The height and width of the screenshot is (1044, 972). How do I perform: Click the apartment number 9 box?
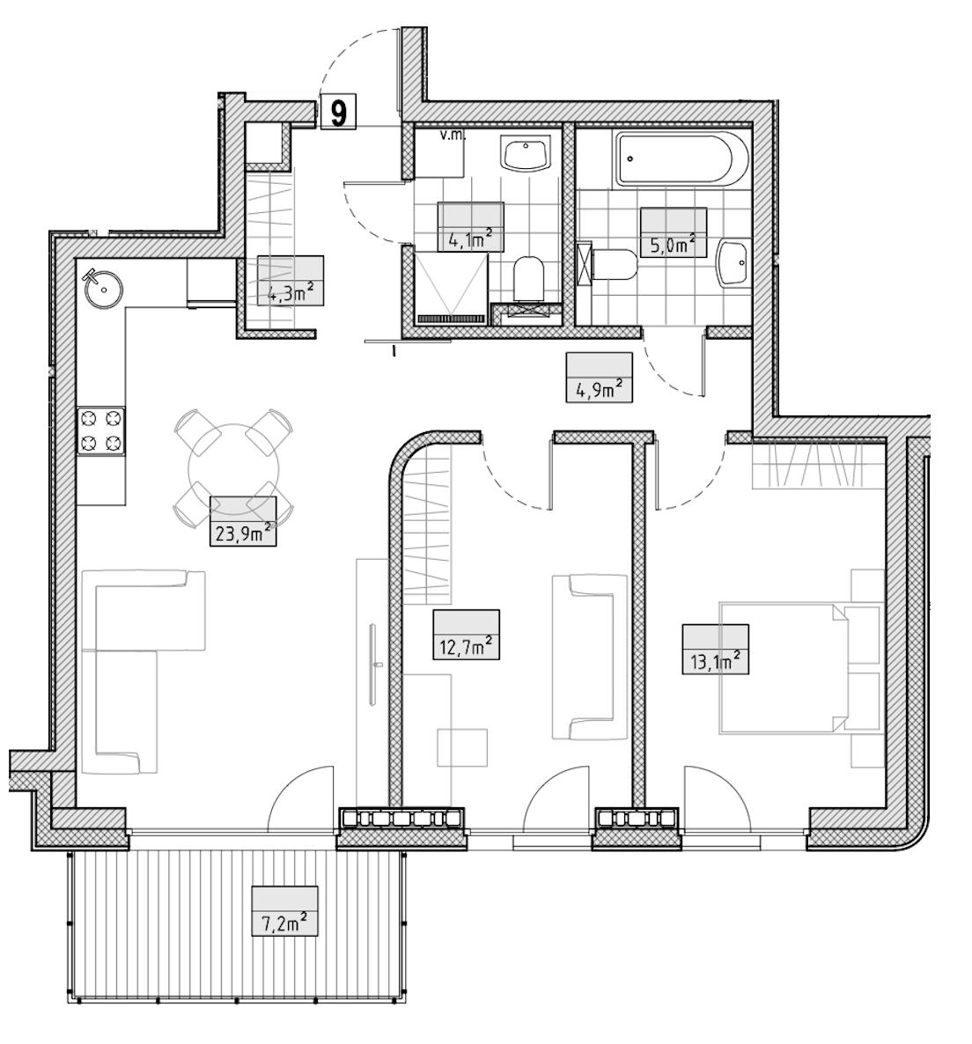click(x=339, y=112)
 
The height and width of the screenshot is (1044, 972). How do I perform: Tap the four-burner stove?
click(x=102, y=430)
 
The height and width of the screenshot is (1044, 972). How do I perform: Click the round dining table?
click(x=233, y=467)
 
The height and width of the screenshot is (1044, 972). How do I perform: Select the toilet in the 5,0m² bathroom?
click(x=614, y=264)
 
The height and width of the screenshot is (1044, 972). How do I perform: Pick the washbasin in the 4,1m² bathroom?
click(x=526, y=154)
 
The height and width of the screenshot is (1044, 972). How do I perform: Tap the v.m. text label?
click(x=453, y=136)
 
